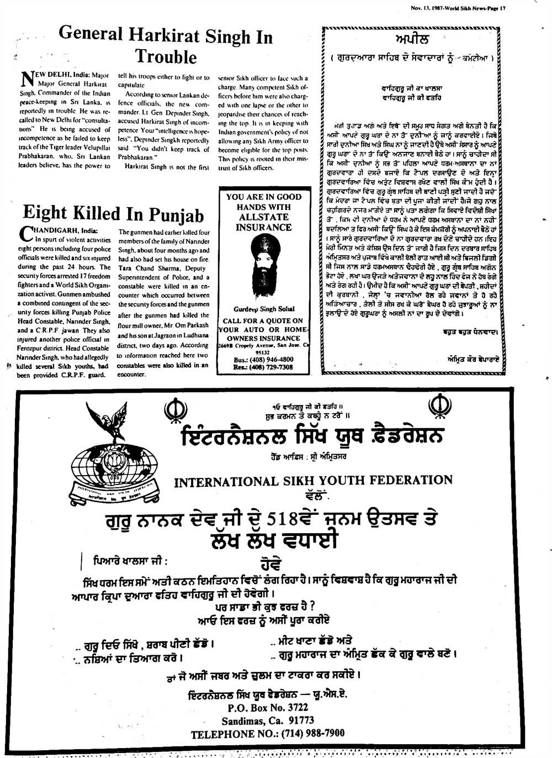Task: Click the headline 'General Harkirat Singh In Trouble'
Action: point(166,45)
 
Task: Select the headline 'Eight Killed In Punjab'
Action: point(113,213)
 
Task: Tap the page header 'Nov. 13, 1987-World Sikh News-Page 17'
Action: point(458,8)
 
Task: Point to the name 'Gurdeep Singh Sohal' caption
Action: point(264,309)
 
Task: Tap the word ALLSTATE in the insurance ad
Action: point(264,217)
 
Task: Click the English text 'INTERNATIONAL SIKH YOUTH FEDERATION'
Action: point(313,481)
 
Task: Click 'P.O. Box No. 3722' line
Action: point(268,708)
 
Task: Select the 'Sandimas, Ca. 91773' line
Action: point(268,720)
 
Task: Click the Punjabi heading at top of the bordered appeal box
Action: point(412,39)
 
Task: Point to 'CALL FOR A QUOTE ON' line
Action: point(263,320)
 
